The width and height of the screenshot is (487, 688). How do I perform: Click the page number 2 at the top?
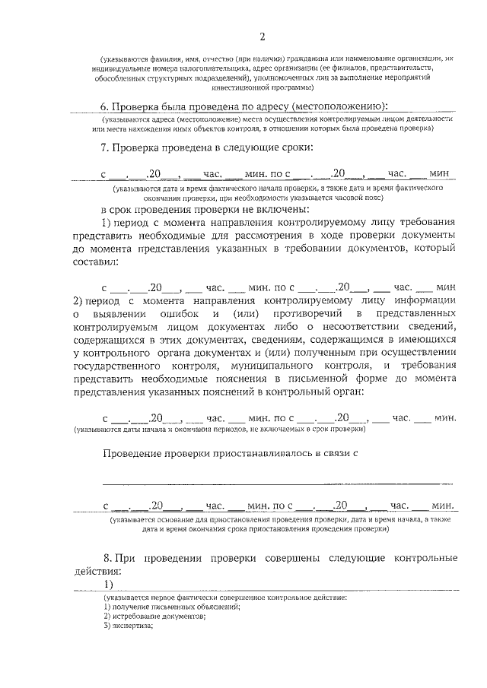tap(261, 36)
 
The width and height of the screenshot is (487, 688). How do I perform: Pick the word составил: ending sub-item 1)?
tap(94, 262)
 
